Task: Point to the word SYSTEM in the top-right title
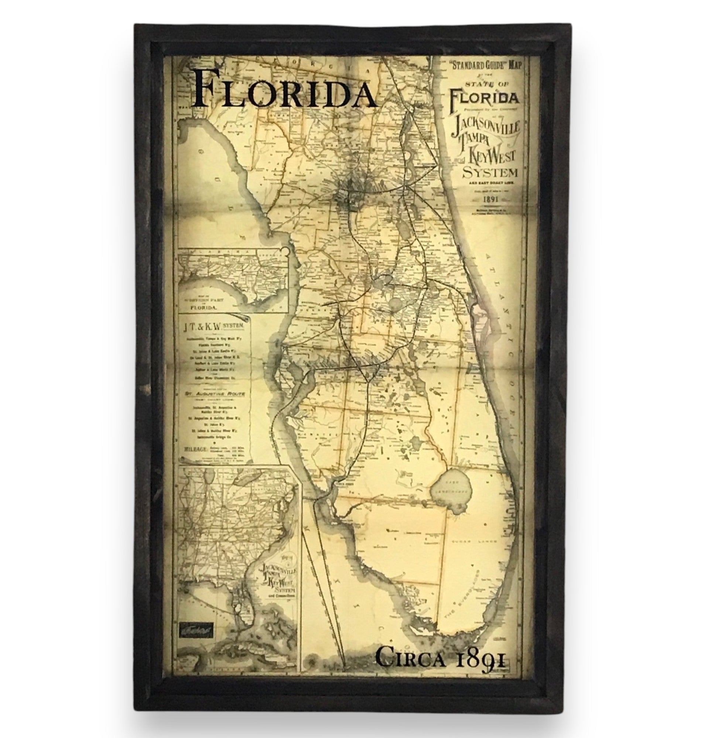490,173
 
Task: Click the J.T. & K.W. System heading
213,325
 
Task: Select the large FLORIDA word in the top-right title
485,99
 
